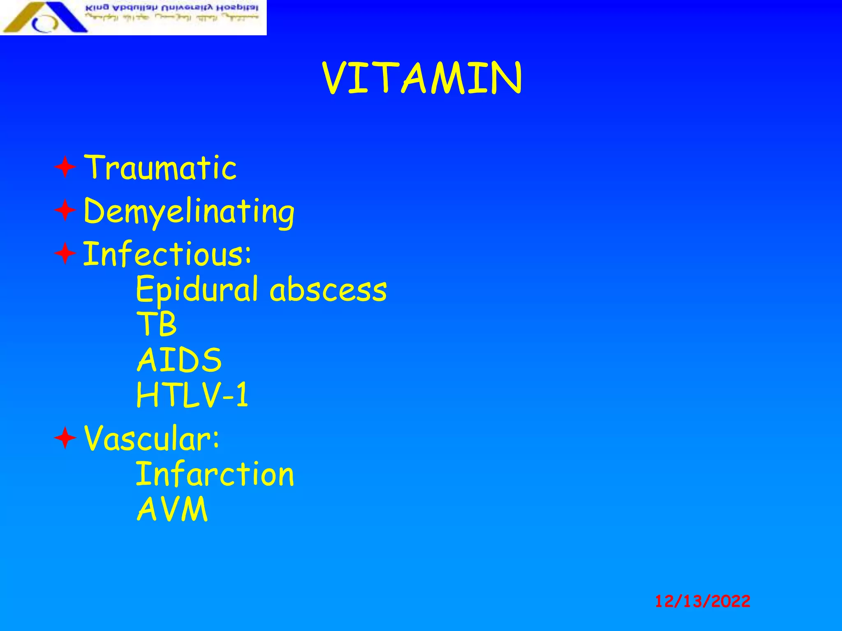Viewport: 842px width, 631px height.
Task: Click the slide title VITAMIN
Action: click(x=422, y=78)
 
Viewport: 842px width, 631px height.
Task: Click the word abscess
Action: click(x=328, y=290)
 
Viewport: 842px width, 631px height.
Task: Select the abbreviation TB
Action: click(x=157, y=324)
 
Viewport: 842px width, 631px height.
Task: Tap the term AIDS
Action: click(x=179, y=360)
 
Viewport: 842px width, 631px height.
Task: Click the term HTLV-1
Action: click(x=192, y=395)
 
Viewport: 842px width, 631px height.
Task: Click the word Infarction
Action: click(x=215, y=474)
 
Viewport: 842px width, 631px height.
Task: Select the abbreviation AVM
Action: click(x=172, y=509)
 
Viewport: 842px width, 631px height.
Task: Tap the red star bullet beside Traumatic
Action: click(x=65, y=167)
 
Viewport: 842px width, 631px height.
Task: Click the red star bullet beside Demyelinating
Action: click(x=65, y=211)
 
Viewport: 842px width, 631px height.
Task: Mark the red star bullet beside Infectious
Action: click(x=65, y=253)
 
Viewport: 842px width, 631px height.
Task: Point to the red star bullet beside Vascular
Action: click(x=65, y=438)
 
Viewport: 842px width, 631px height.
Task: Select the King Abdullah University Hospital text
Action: click(x=172, y=8)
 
